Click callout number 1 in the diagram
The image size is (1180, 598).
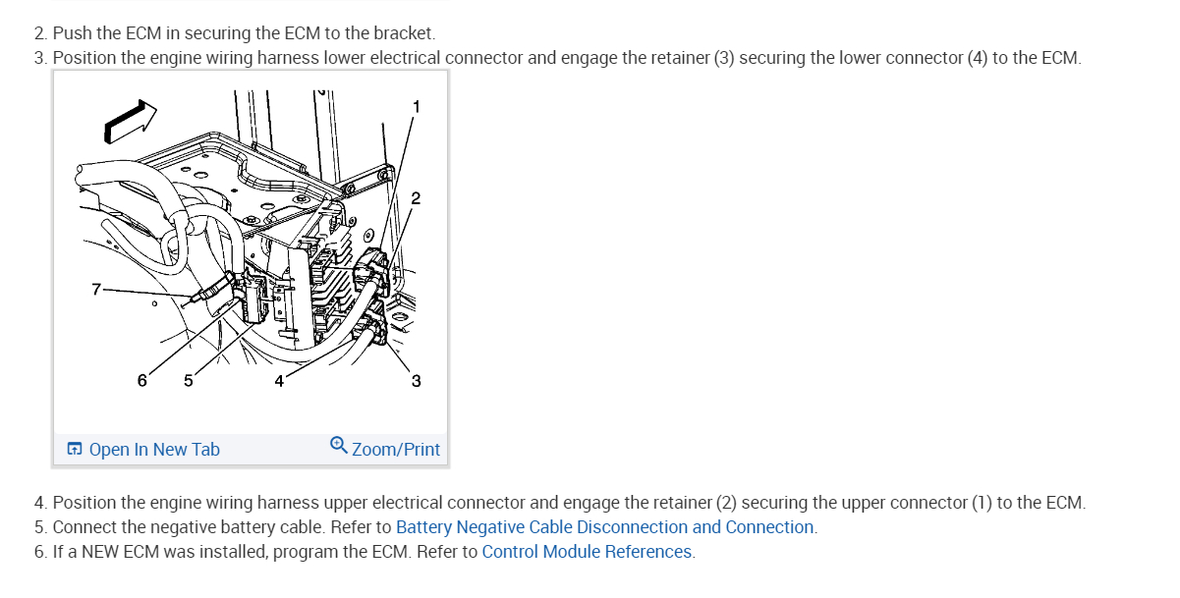tap(416, 106)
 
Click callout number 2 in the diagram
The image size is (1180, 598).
tap(416, 198)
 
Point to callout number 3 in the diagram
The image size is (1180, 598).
tap(416, 381)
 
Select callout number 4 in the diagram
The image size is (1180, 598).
tap(279, 381)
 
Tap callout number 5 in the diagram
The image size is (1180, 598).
tap(189, 381)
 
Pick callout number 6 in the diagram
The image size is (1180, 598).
tap(142, 380)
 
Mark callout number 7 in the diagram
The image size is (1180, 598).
tap(95, 289)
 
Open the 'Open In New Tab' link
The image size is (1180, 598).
tap(154, 450)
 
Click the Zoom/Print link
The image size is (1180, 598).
tap(396, 450)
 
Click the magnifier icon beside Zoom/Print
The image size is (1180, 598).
tap(339, 446)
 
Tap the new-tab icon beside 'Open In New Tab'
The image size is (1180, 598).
tap(75, 450)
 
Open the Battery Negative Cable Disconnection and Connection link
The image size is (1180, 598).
tap(605, 527)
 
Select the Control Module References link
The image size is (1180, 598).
tap(587, 552)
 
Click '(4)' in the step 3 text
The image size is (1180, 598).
tap(977, 58)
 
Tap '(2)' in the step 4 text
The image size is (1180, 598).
tap(726, 503)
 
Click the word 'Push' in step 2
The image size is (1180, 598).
tap(72, 33)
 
